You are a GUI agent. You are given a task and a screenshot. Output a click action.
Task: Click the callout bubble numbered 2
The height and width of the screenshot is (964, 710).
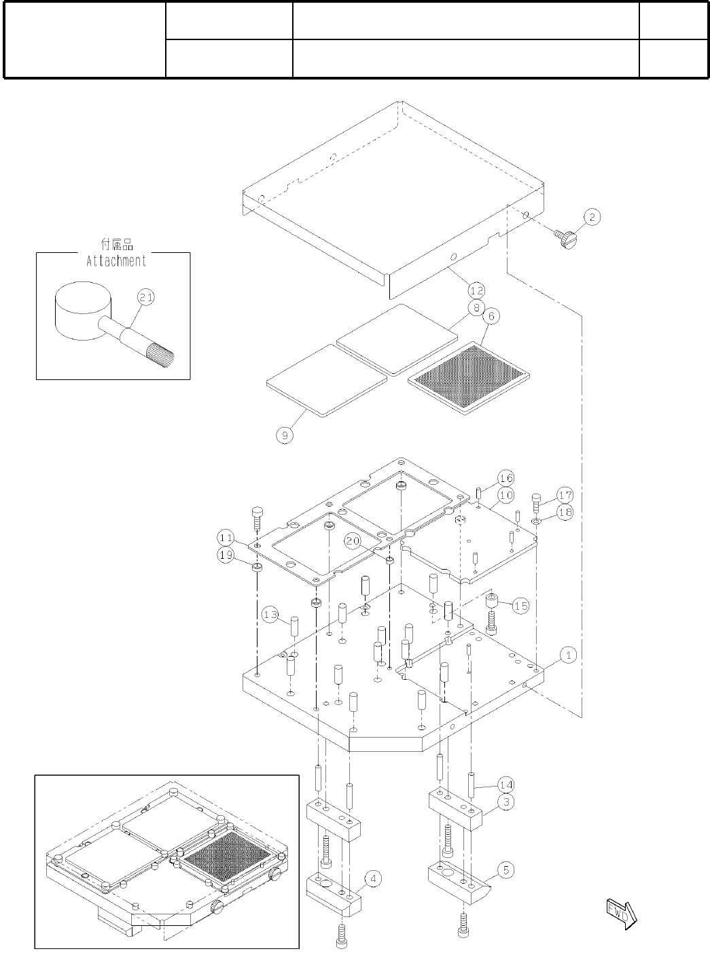click(x=591, y=217)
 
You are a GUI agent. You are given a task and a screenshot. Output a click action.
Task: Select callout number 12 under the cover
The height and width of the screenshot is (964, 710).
click(x=476, y=290)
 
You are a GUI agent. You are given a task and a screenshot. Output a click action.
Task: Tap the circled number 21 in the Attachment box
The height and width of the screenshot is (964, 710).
click(x=145, y=297)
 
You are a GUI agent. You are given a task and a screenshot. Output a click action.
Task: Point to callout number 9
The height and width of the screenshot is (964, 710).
click(x=285, y=434)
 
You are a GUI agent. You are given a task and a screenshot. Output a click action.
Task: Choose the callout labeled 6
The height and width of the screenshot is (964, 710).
click(x=491, y=315)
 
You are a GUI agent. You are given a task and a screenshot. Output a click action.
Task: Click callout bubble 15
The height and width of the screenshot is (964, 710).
click(x=520, y=606)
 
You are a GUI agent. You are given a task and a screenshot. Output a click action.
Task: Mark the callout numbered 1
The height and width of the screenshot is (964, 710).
click(x=569, y=655)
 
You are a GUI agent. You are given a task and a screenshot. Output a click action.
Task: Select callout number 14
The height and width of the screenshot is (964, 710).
click(x=505, y=785)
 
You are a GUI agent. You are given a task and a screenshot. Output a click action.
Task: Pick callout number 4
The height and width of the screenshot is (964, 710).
click(x=372, y=878)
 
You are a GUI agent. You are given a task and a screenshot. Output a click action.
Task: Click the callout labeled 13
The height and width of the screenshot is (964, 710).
click(x=270, y=615)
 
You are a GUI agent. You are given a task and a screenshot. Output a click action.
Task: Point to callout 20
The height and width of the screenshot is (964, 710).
click(x=351, y=540)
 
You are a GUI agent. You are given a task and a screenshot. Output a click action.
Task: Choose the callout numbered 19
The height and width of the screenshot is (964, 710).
click(x=226, y=555)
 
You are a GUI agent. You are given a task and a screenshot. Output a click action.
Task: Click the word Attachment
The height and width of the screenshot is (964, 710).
click(x=116, y=261)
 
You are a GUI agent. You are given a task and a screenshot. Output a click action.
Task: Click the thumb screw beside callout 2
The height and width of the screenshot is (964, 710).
click(x=566, y=239)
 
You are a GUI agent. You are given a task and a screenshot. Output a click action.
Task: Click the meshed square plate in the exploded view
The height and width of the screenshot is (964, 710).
click(x=468, y=377)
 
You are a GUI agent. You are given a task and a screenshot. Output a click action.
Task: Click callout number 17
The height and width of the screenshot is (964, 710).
click(x=565, y=494)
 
